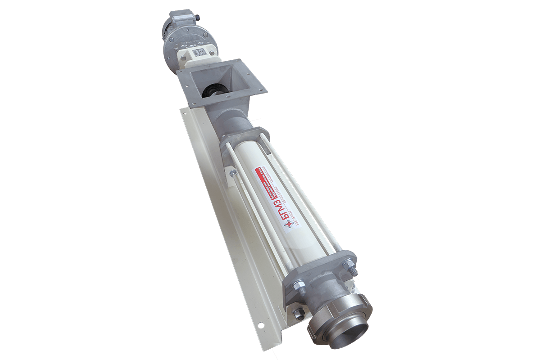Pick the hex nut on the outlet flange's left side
[x=298, y=285]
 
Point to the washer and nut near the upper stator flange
[x=233, y=173]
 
